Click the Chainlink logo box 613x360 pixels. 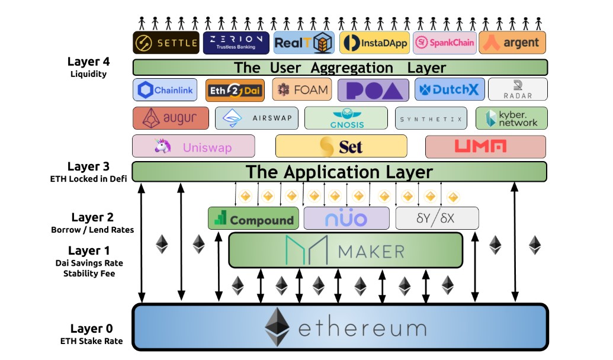point(165,90)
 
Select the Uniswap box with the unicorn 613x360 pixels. point(194,146)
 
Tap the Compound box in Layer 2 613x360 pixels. point(253,218)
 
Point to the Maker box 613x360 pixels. point(345,250)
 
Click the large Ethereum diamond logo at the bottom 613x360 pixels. point(277,326)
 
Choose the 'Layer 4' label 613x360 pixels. point(88,62)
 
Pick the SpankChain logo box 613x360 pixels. point(444,43)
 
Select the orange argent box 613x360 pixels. point(512,43)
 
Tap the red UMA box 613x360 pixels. point(485,146)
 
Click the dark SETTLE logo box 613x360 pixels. point(166,43)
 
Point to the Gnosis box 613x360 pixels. point(346,118)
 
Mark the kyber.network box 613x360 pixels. point(511,118)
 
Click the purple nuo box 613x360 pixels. point(346,218)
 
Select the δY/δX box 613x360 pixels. point(437,218)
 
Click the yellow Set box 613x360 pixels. point(341,146)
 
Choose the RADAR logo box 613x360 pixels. point(518,90)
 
